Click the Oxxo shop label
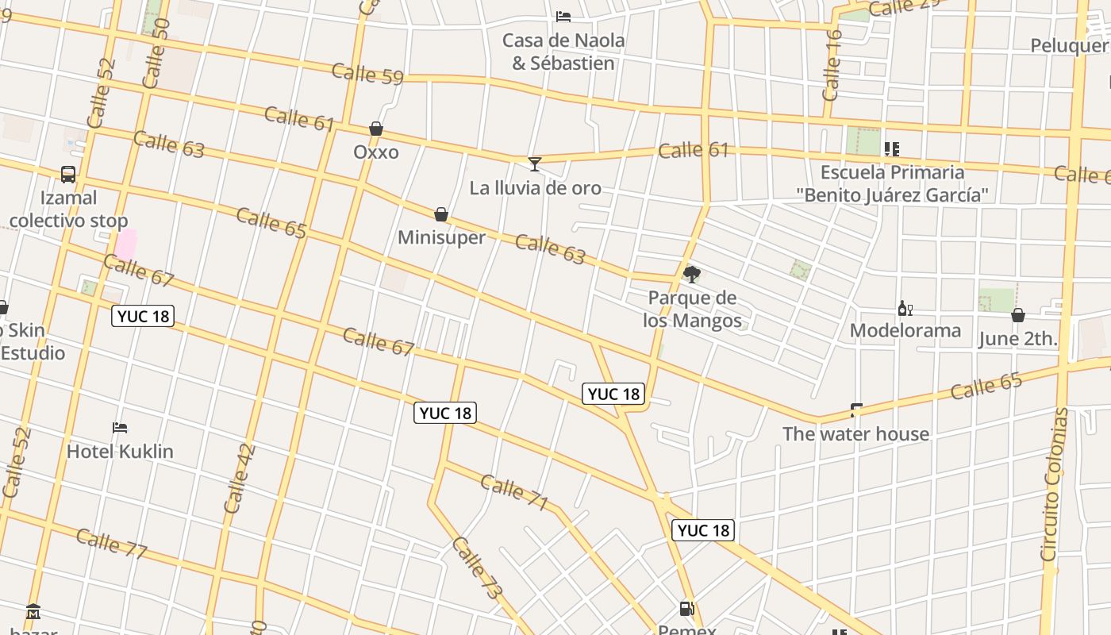point(376,152)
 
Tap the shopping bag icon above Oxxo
point(376,129)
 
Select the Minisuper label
point(441,237)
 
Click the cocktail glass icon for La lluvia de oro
point(535,164)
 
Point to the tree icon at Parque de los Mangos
point(692,275)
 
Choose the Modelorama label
point(905,330)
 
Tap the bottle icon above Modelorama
point(905,308)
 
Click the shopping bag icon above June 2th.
point(1018,316)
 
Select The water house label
point(855,433)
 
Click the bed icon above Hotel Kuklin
point(120,428)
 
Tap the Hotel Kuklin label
point(120,451)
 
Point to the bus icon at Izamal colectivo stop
point(68,175)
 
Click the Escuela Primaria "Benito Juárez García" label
point(893,183)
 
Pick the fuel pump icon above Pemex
point(687,609)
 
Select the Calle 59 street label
point(367,74)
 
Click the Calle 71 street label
point(514,492)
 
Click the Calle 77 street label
point(112,543)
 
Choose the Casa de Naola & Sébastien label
point(563,52)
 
